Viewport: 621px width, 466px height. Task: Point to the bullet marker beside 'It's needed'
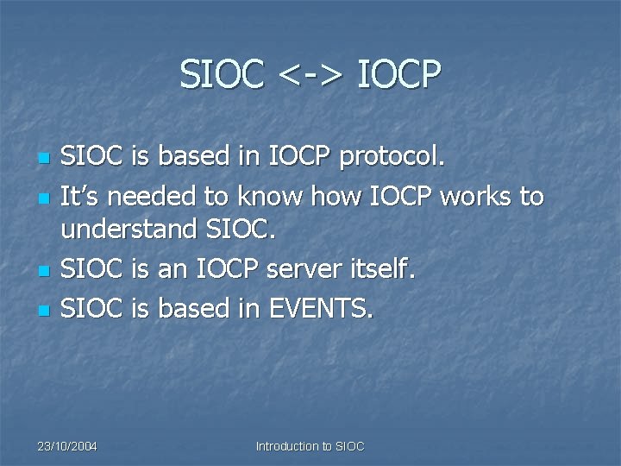pyautogui.click(x=42, y=198)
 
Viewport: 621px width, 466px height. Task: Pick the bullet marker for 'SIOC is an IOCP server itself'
pyautogui.click(x=42, y=272)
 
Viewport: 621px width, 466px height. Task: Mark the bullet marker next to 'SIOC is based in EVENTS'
pyautogui.click(x=42, y=309)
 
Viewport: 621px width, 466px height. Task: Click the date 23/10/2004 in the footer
pyautogui.click(x=67, y=446)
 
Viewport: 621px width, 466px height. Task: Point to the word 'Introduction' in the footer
pyautogui.click(x=286, y=446)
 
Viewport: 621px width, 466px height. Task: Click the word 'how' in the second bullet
pyautogui.click(x=337, y=197)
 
